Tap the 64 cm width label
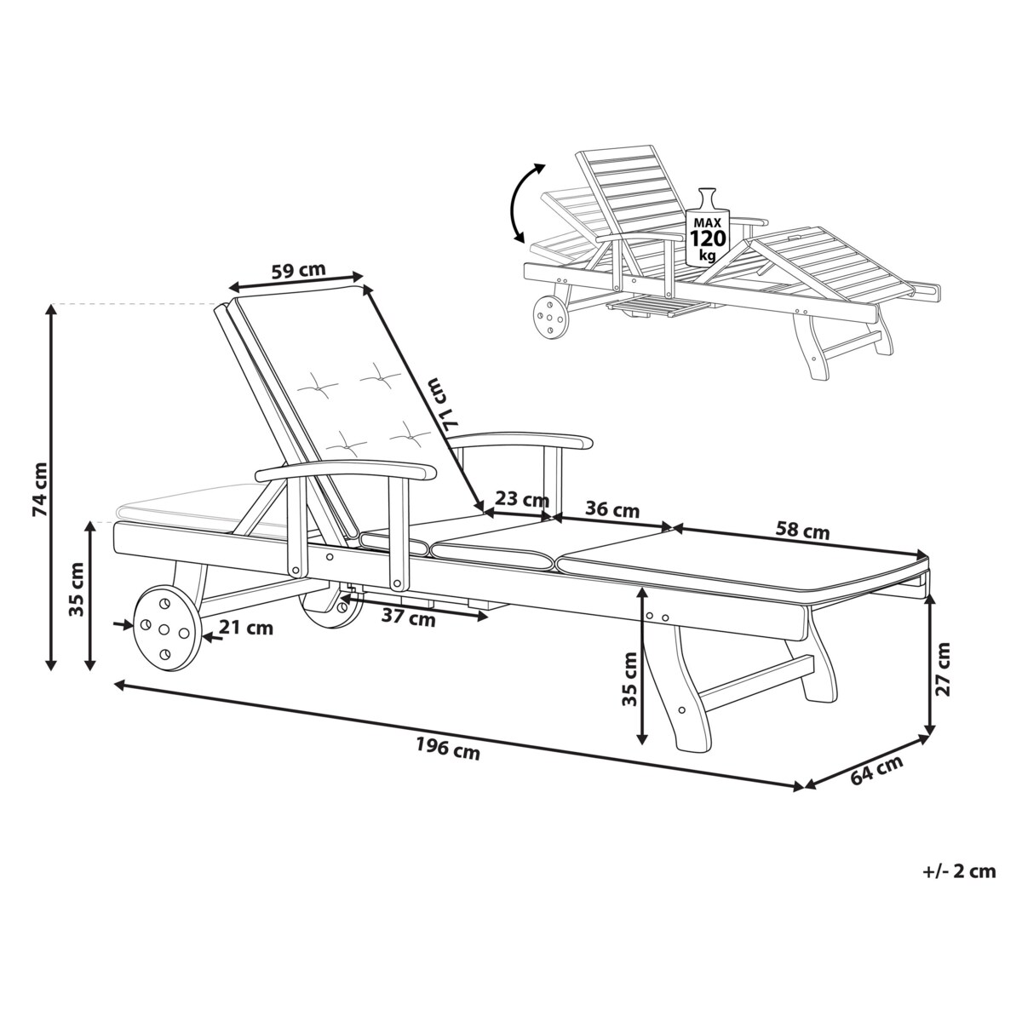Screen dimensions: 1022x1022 pos(876,769)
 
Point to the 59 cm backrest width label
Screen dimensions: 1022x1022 pos(298,272)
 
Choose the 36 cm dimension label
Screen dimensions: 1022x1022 pos(613,510)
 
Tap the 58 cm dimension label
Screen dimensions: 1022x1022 pos(803,531)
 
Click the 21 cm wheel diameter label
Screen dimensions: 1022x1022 pos(247,629)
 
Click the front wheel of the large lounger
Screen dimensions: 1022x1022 pos(165,628)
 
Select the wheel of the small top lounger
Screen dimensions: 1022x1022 pos(549,318)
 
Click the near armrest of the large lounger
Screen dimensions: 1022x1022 pos(345,470)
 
